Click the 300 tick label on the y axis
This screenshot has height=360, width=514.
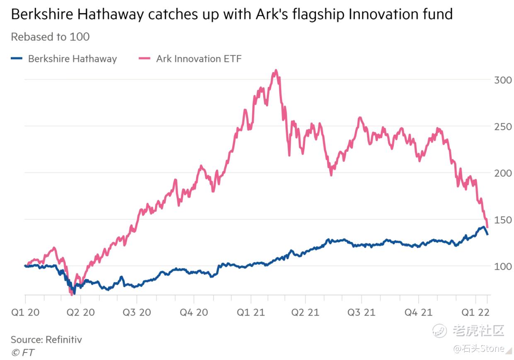click(x=502, y=80)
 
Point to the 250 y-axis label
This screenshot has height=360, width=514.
click(x=502, y=126)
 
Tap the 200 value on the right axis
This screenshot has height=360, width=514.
click(x=502, y=173)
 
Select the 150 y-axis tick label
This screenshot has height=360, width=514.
click(x=502, y=219)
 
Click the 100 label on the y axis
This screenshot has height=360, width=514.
click(x=502, y=266)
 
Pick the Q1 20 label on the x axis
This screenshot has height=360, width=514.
click(x=26, y=312)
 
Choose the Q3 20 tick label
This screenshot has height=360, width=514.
click(x=137, y=312)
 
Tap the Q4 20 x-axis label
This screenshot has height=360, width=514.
click(x=194, y=312)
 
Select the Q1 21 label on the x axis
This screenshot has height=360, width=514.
click(x=250, y=312)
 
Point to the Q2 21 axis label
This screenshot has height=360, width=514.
click(x=305, y=312)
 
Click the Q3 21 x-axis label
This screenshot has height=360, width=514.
click(x=361, y=312)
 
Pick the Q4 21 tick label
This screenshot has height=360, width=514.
click(x=418, y=312)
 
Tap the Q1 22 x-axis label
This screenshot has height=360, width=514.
click(x=475, y=312)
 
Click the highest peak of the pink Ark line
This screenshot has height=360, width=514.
click(x=276, y=71)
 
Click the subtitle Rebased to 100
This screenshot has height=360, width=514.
click(x=50, y=37)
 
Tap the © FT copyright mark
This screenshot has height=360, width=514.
click(x=23, y=353)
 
